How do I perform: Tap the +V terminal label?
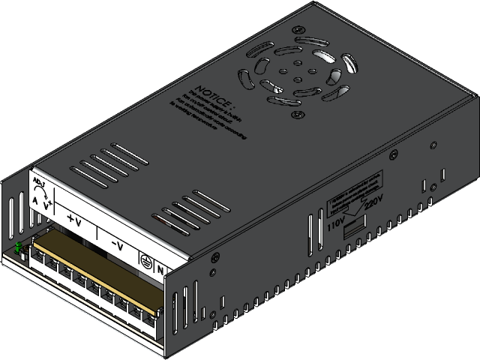pyautogui.click(x=74, y=220)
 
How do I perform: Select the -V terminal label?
pyautogui.click(x=118, y=245)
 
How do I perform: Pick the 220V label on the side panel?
pyautogui.click(x=373, y=202)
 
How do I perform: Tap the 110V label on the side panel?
pyautogui.click(x=335, y=222)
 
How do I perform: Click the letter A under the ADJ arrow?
pyautogui.click(x=34, y=200)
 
